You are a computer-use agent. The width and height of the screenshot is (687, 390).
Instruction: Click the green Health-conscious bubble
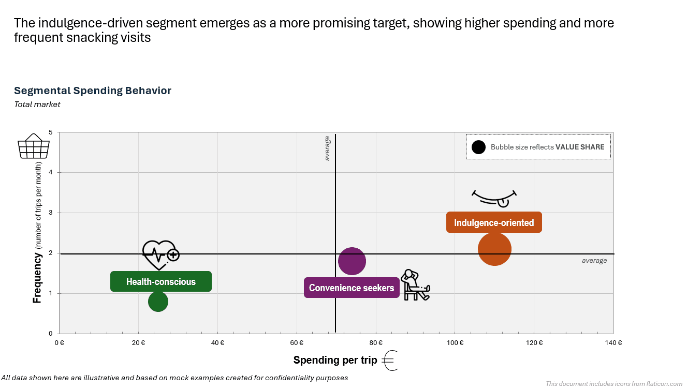pos(158,302)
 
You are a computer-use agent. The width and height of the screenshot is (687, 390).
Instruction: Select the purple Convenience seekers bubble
pos(352,261)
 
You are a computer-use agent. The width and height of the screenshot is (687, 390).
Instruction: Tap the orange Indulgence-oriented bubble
pos(494,249)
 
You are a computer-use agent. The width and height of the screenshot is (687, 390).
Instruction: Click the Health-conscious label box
pos(161,281)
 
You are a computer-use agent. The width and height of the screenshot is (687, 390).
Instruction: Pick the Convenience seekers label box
pos(352,288)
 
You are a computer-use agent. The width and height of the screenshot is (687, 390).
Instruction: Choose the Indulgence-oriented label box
pos(494,222)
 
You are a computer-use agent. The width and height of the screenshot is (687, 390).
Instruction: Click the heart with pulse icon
pos(160,254)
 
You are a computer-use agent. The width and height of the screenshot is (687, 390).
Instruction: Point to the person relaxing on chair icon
pos(416,285)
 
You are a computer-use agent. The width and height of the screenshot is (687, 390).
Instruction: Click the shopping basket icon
pos(34,146)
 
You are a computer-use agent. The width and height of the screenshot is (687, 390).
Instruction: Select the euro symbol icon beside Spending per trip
pos(390,361)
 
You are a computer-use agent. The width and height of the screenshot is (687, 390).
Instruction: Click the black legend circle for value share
pos(479,147)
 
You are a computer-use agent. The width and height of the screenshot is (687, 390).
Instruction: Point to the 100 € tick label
pos(455,342)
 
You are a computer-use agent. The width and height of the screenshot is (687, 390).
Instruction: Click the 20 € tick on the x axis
pos(138,342)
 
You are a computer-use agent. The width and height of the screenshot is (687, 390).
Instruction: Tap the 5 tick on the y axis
pos(51,132)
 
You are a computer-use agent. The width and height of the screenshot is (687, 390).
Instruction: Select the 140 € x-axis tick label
pos(613,342)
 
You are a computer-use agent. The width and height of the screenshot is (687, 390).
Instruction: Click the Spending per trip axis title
pos(335,361)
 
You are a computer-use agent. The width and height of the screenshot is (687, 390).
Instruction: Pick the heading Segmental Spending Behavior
pos(93,91)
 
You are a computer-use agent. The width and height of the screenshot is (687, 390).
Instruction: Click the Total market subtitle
pos(37,104)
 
